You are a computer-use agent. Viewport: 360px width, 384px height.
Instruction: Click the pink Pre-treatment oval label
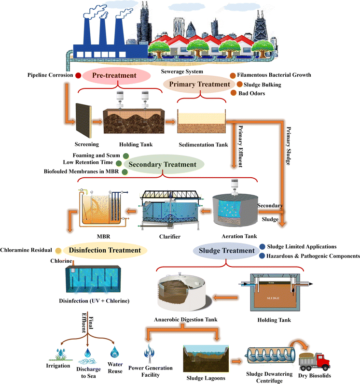[114, 75]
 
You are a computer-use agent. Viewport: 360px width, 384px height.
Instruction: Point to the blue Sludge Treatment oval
[224, 251]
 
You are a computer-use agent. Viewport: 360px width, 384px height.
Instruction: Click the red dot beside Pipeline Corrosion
[78, 75]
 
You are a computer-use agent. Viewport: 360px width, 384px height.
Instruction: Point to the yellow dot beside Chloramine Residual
[58, 251]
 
